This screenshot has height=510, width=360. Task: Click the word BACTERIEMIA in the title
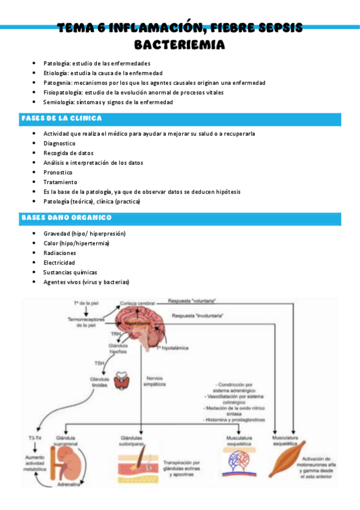coord(180,45)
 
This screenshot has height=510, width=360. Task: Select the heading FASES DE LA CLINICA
coord(61,118)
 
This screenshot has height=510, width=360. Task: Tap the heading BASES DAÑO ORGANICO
coord(66,217)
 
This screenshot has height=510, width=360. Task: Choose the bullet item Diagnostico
coord(59,143)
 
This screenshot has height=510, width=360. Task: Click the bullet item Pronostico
coord(58,172)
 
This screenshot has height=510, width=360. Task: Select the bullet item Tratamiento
coord(60,182)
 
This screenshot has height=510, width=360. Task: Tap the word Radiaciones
coord(60,253)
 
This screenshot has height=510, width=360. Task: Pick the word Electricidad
coord(59,263)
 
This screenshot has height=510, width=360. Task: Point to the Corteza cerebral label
coord(137,303)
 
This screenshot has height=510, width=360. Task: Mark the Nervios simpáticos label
coord(155,381)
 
